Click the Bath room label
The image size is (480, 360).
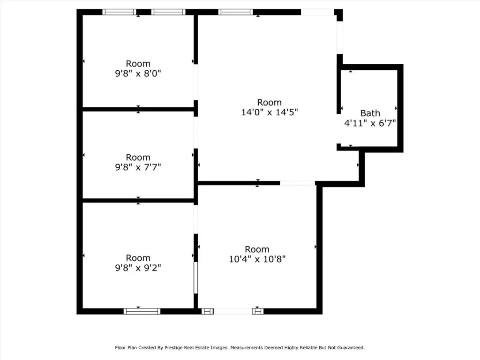(x=370, y=113)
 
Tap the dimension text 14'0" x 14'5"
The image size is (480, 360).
(x=270, y=112)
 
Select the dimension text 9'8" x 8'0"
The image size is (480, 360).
(x=138, y=74)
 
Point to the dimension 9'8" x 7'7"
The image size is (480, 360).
(x=138, y=167)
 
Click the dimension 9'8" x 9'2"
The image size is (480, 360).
(x=138, y=268)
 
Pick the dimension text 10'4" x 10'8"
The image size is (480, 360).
(x=257, y=259)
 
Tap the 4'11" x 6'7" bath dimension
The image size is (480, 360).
(x=370, y=123)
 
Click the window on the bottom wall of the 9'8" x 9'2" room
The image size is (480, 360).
(x=142, y=311)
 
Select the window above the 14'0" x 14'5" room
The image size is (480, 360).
(x=236, y=12)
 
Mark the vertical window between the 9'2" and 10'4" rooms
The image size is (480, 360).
(x=196, y=277)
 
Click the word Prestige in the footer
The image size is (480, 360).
(x=173, y=348)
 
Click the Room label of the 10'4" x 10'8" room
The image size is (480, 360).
(x=257, y=249)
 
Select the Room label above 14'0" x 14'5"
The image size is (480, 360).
(x=270, y=102)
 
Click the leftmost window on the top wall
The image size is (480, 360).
(x=119, y=12)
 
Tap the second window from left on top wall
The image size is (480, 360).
(x=168, y=12)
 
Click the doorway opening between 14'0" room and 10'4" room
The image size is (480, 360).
(x=298, y=183)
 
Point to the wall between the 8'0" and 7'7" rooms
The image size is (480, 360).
(x=138, y=109)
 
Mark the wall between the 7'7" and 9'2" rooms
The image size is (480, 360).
(x=138, y=201)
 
